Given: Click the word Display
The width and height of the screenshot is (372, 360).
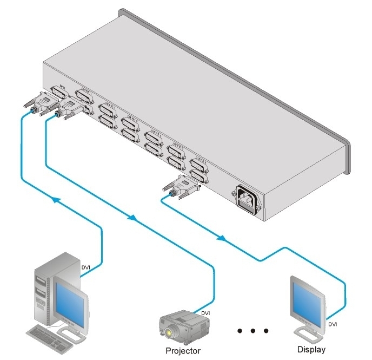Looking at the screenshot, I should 312,349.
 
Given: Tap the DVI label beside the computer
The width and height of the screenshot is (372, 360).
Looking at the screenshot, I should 87,267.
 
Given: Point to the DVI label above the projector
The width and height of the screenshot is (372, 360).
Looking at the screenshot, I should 205,313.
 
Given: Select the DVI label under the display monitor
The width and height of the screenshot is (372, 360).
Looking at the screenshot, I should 334,325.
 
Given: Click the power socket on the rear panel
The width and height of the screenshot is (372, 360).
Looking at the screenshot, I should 247,199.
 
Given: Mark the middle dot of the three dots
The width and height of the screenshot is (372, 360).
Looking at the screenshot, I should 252,330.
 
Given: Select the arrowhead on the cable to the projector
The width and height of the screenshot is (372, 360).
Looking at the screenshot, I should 132,218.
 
